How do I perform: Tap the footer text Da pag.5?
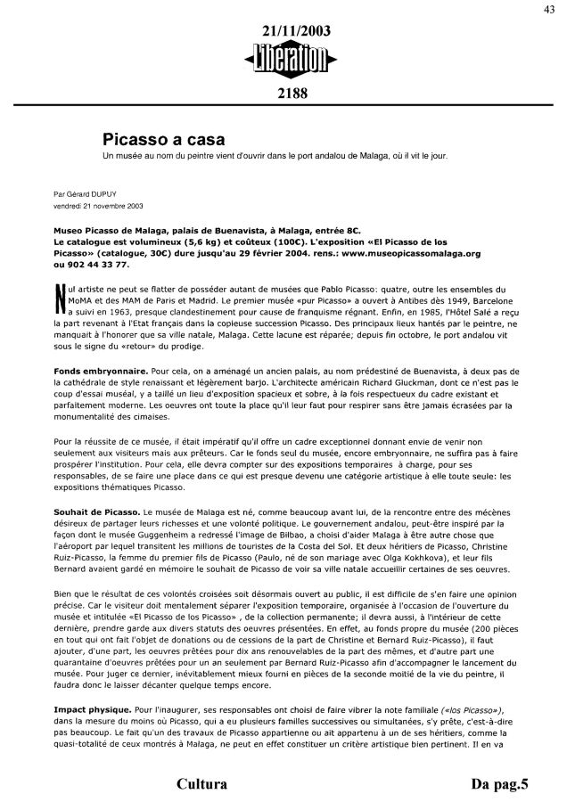(x=500, y=784)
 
